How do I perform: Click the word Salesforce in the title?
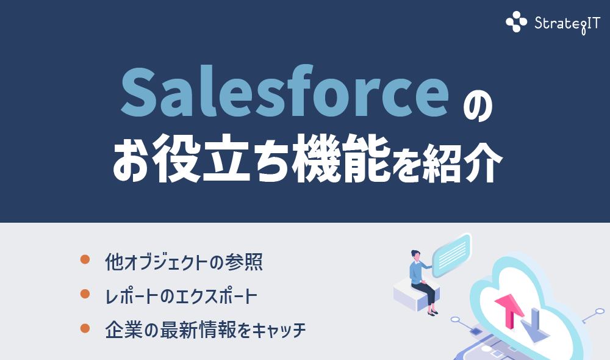pos(280,93)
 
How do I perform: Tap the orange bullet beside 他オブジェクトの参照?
pos(85,259)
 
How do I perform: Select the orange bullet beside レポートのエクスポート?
pos(85,294)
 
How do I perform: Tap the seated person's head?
pos(415,254)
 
